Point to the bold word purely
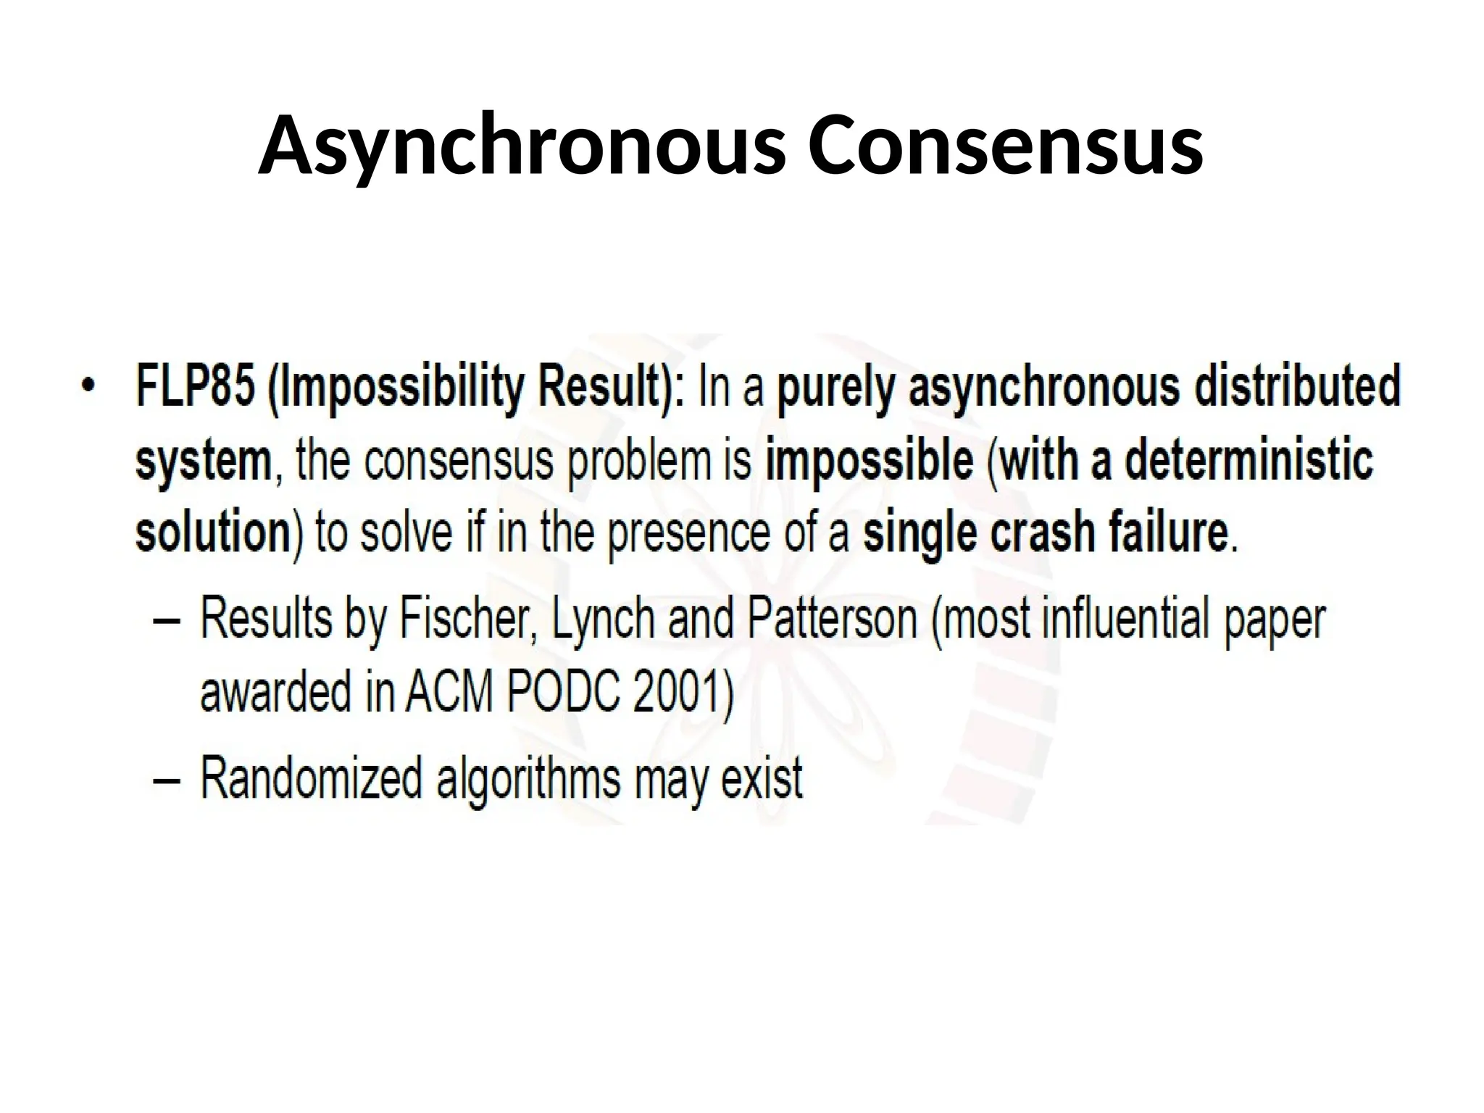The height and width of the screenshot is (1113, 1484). (837, 388)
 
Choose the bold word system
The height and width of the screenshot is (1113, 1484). (203, 461)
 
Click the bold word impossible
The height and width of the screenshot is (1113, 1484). (870, 461)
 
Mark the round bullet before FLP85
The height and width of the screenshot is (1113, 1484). (88, 385)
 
